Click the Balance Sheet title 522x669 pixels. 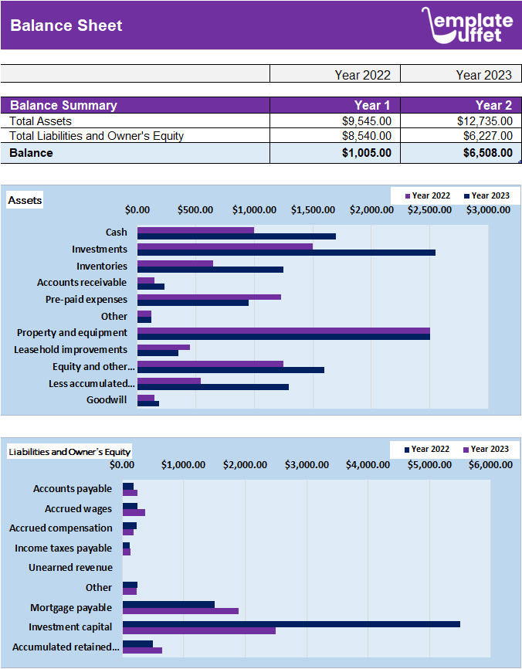66,25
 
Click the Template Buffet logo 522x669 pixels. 466,25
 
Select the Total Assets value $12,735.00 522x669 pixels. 484,121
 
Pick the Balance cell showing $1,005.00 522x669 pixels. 367,153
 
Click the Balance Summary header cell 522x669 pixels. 63,105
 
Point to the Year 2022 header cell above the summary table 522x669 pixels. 362,75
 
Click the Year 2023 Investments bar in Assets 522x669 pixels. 286,253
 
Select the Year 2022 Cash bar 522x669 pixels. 195,229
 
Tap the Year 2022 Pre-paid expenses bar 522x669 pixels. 208,297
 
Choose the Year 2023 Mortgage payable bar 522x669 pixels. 180,611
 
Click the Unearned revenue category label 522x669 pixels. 70,567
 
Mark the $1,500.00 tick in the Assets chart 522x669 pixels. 313,209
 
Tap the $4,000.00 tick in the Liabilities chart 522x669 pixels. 368,464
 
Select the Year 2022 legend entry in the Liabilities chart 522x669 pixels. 425,449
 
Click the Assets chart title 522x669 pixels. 25,201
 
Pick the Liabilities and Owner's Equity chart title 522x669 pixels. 69,451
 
